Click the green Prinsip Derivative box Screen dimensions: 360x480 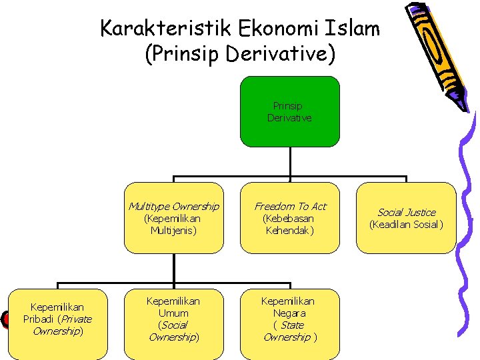coord(289,111)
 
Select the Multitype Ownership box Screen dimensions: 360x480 coord(173,218)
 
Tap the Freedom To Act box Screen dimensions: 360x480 coord(290,218)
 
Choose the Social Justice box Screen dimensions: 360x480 coord(406,218)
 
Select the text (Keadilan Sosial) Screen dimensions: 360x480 coord(406,224)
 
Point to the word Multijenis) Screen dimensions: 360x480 coord(173,230)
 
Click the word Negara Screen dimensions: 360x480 coord(289,313)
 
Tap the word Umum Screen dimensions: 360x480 coord(173,313)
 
